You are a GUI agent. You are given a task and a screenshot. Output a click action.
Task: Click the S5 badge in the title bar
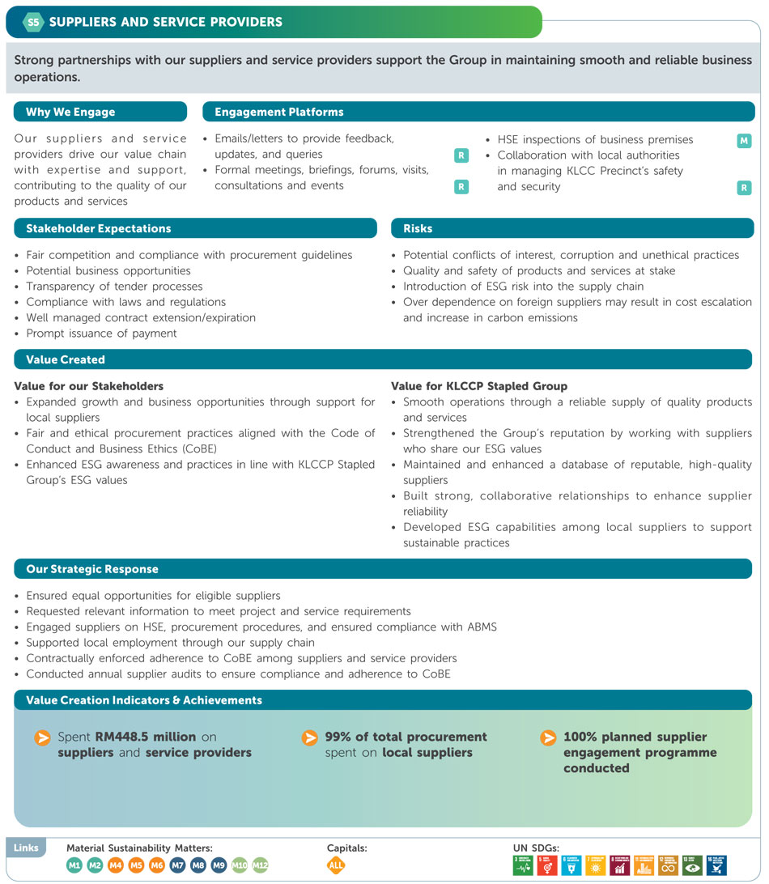pos(33,22)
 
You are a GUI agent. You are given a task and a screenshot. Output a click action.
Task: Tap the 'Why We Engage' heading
pos(70,113)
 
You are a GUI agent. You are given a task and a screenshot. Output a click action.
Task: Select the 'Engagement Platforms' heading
pos(278,113)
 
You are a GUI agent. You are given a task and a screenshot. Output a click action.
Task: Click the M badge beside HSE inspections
pos(744,141)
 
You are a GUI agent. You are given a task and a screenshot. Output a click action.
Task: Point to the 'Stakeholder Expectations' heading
pos(98,229)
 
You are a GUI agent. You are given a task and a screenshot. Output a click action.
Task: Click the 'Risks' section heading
pos(418,229)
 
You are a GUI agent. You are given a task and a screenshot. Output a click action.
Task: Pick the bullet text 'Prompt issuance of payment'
pos(101,334)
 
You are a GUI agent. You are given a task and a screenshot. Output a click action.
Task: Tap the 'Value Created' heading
pos(66,359)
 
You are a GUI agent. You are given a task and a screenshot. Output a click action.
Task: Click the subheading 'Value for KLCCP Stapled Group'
pos(479,386)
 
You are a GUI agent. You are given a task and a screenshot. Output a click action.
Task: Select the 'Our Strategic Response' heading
pos(91,569)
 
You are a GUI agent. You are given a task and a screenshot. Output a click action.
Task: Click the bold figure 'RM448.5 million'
pos(146,737)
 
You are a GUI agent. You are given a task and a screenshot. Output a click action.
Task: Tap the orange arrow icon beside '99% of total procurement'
pos(309,737)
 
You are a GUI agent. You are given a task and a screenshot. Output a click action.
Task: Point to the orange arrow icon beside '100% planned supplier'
pos(548,737)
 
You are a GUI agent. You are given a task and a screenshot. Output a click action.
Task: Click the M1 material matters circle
pos(74,865)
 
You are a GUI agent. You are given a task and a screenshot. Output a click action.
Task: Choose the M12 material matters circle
pos(260,865)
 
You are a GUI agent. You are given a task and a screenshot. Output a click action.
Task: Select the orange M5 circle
pos(136,865)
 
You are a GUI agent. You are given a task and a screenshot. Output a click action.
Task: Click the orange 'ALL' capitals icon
pos(336,865)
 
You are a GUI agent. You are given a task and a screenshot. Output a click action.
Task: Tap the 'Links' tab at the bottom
pos(25,848)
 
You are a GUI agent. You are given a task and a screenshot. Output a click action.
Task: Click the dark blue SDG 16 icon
pos(716,865)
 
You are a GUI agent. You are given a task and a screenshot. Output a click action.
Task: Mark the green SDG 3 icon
pos(523,865)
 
